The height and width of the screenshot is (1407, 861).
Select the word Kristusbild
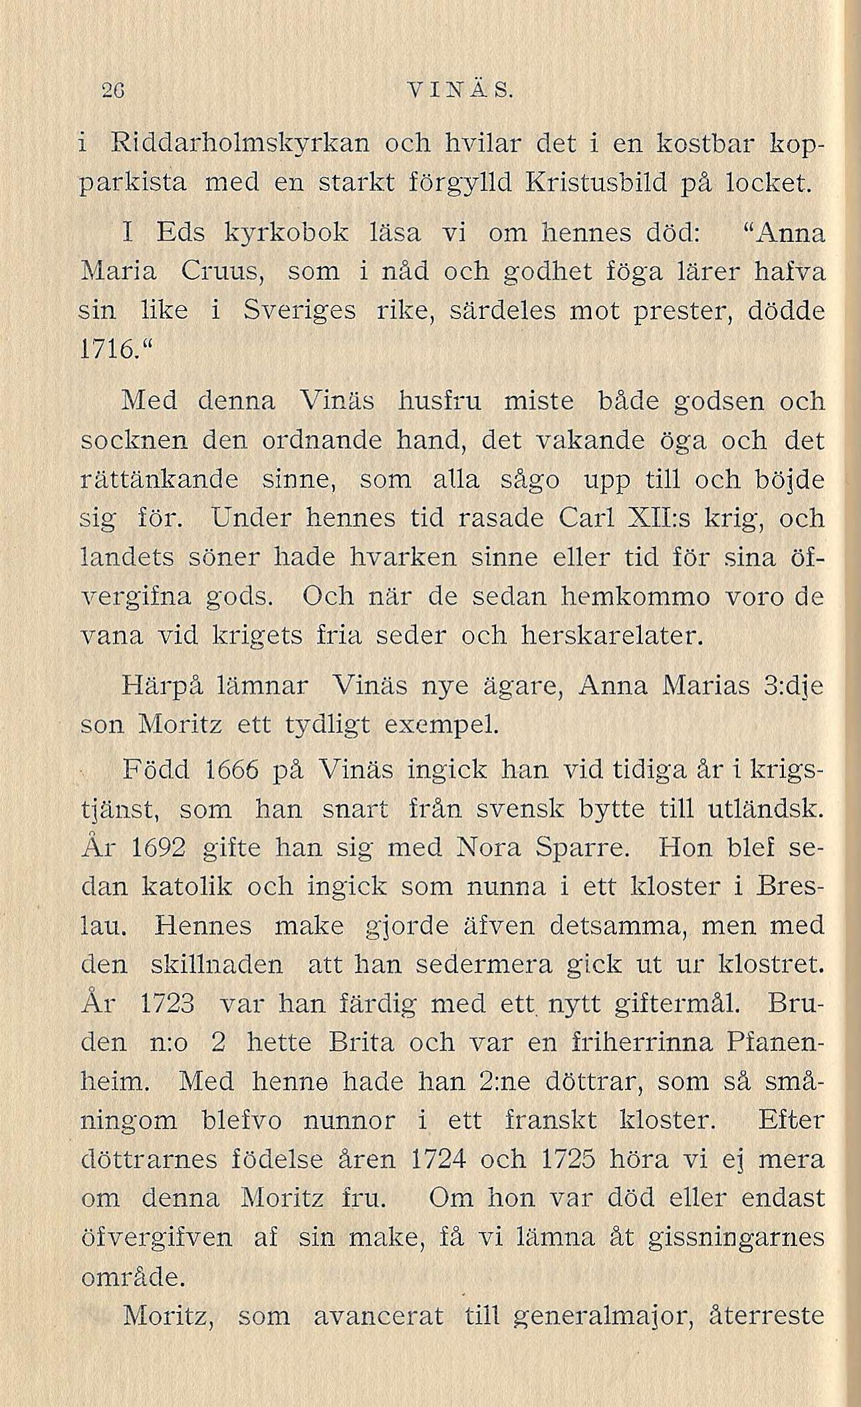click(x=598, y=180)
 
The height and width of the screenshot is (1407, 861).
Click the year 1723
click(x=168, y=1003)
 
